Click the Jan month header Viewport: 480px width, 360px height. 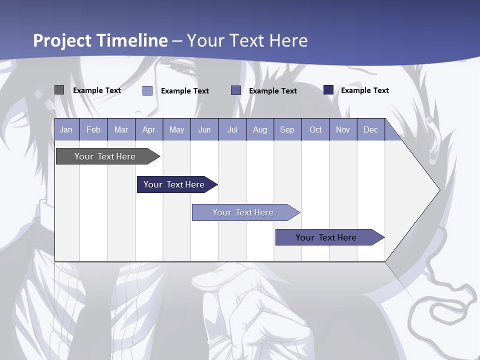(x=66, y=130)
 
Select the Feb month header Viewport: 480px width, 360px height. (x=93, y=130)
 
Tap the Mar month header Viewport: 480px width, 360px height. (x=121, y=130)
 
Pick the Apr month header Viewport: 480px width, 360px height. (x=149, y=130)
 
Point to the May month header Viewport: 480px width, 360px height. (x=176, y=130)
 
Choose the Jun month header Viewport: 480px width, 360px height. (x=204, y=130)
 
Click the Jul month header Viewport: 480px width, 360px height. (x=232, y=130)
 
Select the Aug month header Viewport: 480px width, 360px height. (x=260, y=130)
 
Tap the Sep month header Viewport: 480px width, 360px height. (x=287, y=130)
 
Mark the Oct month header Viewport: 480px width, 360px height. (x=315, y=130)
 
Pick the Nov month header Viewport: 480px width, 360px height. (x=343, y=130)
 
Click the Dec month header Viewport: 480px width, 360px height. (x=371, y=130)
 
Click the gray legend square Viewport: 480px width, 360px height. (x=59, y=90)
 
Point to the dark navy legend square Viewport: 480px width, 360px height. (x=328, y=90)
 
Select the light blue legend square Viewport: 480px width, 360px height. (x=147, y=90)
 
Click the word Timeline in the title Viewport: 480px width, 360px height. (x=133, y=40)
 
